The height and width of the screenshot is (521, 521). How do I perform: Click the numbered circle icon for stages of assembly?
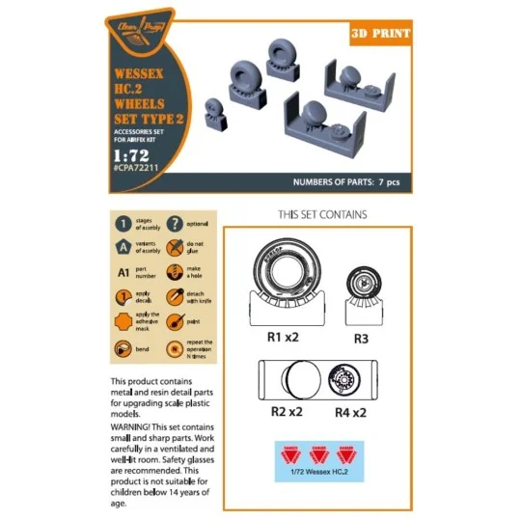coord(124,225)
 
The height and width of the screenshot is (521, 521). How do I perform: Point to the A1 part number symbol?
coord(124,274)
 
